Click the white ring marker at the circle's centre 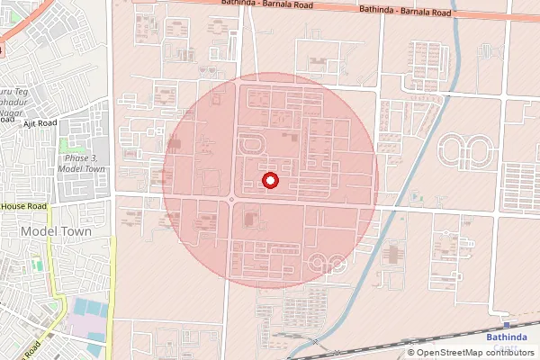click(270, 181)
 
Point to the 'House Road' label click(23, 207)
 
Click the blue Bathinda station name click(508, 337)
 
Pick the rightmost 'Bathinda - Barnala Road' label click(404, 12)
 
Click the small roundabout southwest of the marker click(231, 200)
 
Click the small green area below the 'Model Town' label click(36, 265)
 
